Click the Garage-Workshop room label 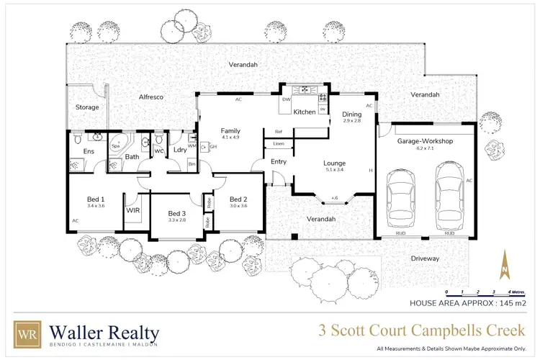(x=425, y=142)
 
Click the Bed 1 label (x=96, y=199)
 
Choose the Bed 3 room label (x=177, y=213)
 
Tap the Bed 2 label (x=238, y=199)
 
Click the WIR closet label (x=132, y=211)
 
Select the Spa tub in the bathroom (x=117, y=145)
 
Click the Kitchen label (x=304, y=112)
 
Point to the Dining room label (x=352, y=114)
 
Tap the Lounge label (x=334, y=163)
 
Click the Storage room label (x=87, y=107)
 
